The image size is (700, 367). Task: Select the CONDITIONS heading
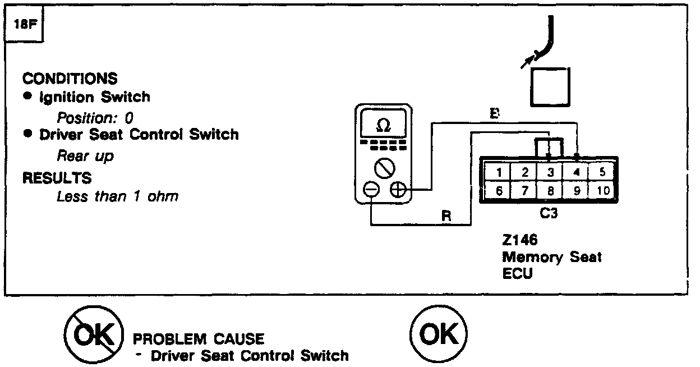click(70, 78)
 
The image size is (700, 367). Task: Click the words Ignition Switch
click(94, 97)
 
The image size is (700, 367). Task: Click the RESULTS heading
click(57, 178)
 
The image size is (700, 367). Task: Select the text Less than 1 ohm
click(117, 197)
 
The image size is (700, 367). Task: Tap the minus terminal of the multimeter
click(371, 190)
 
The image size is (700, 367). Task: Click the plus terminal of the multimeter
click(398, 190)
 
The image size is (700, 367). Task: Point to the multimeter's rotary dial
click(384, 167)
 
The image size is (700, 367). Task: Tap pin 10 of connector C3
click(603, 191)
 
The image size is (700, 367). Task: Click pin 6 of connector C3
click(499, 191)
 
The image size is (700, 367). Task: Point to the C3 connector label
click(550, 214)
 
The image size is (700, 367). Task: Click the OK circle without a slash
click(438, 335)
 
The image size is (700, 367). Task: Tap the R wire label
click(446, 215)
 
